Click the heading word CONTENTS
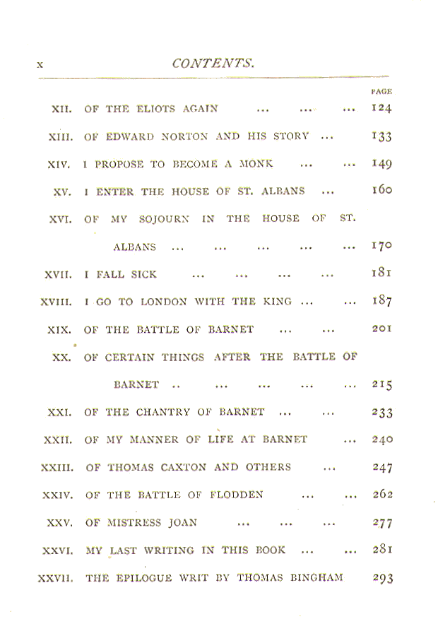click(x=213, y=64)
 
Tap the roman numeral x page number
click(x=40, y=64)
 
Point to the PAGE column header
click(x=381, y=92)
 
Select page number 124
click(x=381, y=108)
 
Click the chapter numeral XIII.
click(x=61, y=137)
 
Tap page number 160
click(x=382, y=190)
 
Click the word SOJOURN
click(x=164, y=219)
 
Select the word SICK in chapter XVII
click(x=143, y=275)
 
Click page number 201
click(x=382, y=329)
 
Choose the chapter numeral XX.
click(x=62, y=358)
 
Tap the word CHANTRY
click(x=163, y=413)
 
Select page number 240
click(x=382, y=440)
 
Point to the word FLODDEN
click(x=237, y=495)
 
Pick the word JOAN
click(x=182, y=522)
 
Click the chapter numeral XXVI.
click(x=58, y=551)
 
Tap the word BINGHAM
click(x=316, y=577)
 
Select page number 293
click(x=383, y=578)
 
